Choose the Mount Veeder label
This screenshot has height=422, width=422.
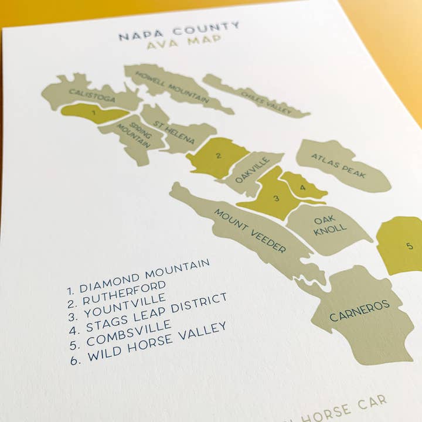[250, 230]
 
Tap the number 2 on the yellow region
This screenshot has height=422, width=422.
[218, 156]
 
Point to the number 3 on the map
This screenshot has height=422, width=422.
[276, 199]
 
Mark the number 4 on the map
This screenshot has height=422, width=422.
[302, 188]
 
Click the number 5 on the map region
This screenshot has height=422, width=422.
[410, 246]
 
